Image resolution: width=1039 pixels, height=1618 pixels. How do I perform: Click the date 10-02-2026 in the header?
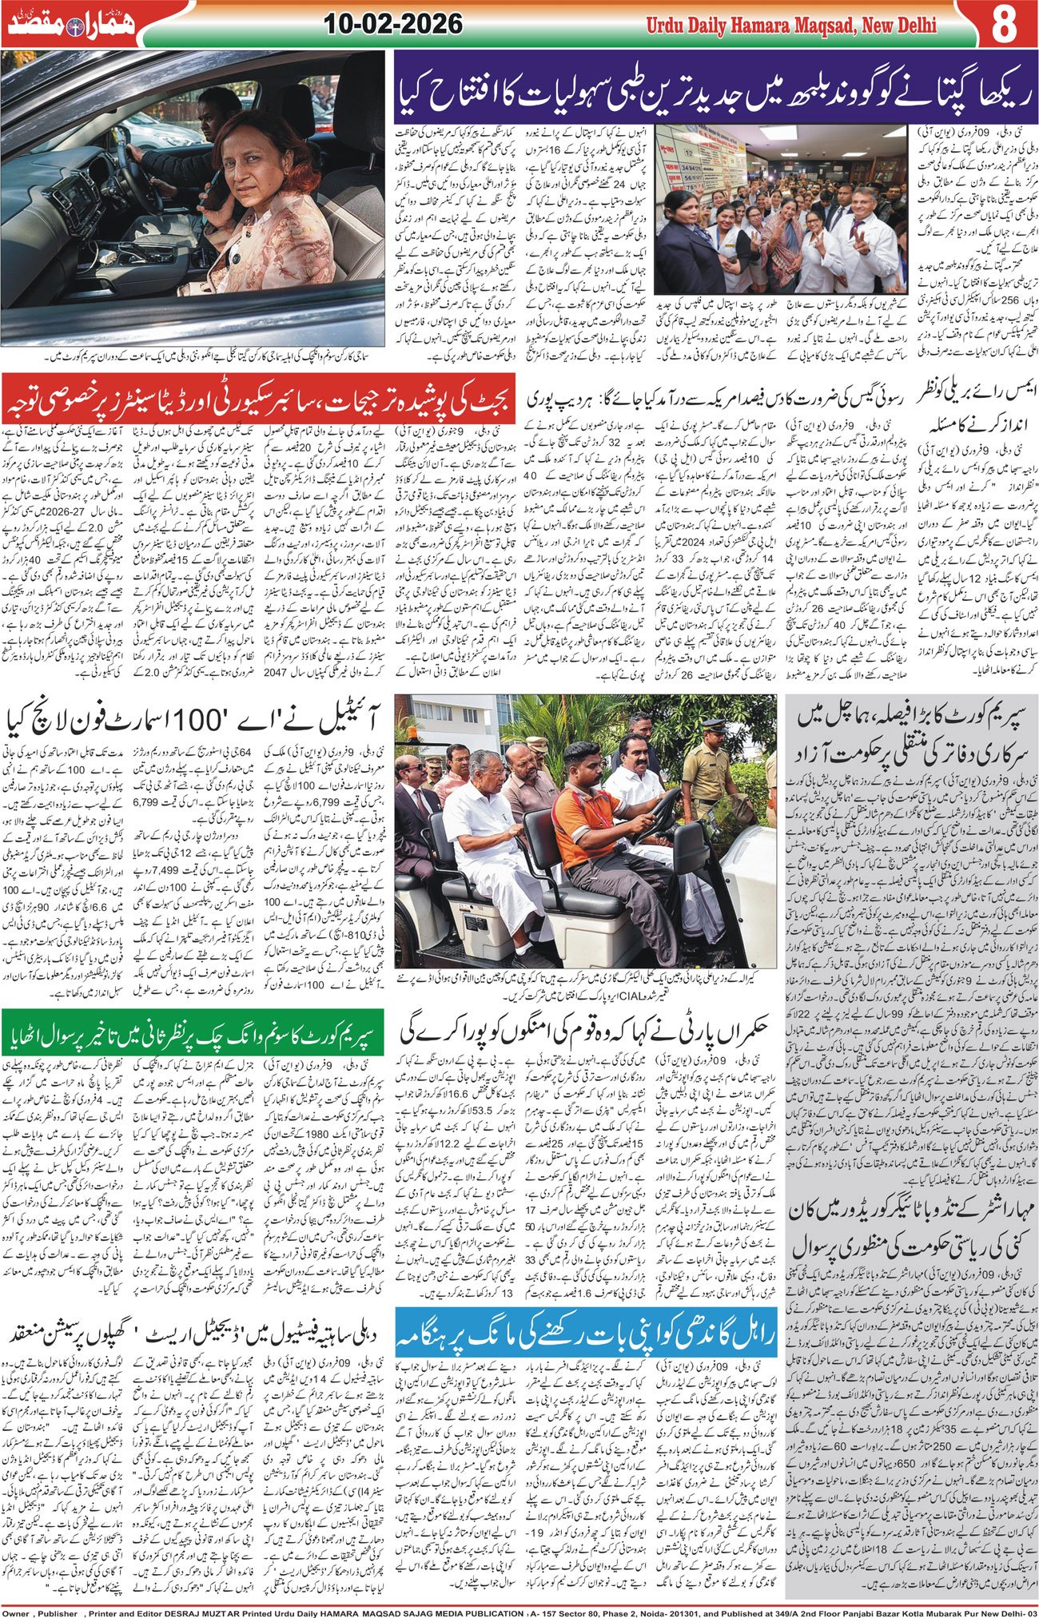[x=393, y=23]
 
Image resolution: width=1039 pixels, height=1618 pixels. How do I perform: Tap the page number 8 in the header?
[x=1002, y=24]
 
